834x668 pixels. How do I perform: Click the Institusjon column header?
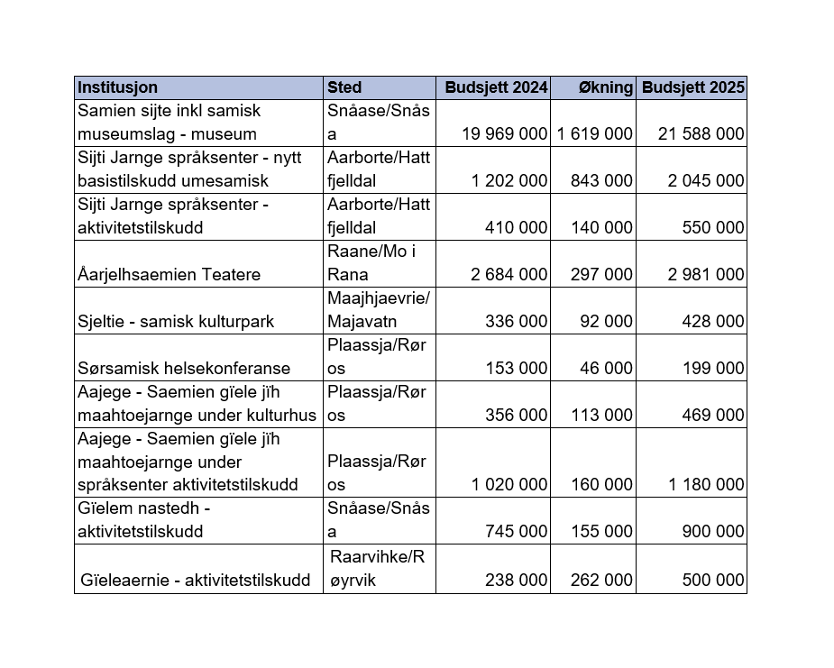click(118, 87)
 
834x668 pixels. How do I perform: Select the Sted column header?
click(344, 87)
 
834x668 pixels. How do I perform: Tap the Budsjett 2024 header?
click(497, 87)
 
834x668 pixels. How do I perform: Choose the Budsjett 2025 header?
click(692, 87)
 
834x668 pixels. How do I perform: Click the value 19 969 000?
click(505, 133)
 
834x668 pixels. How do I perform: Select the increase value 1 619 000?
click(595, 133)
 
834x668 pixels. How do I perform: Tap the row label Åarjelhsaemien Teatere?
click(170, 274)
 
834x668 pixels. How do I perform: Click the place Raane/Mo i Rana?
click(371, 262)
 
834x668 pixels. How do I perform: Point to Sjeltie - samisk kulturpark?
click(176, 321)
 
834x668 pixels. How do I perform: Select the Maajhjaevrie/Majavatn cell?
click(379, 309)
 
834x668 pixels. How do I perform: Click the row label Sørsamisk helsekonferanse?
click(184, 368)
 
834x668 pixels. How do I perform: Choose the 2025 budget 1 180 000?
click(706, 485)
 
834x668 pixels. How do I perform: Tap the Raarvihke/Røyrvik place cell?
click(377, 568)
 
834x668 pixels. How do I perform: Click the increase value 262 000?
click(602, 581)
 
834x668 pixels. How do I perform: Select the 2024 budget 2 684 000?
click(509, 274)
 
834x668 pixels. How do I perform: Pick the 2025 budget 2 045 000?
click(706, 180)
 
